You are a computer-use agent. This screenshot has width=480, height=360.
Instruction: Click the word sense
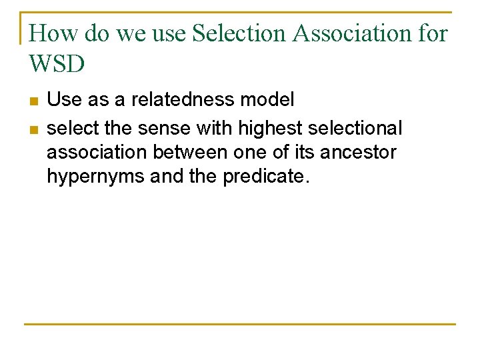coord(157,127)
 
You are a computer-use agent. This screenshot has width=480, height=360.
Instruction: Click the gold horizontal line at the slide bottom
coord(240,325)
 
